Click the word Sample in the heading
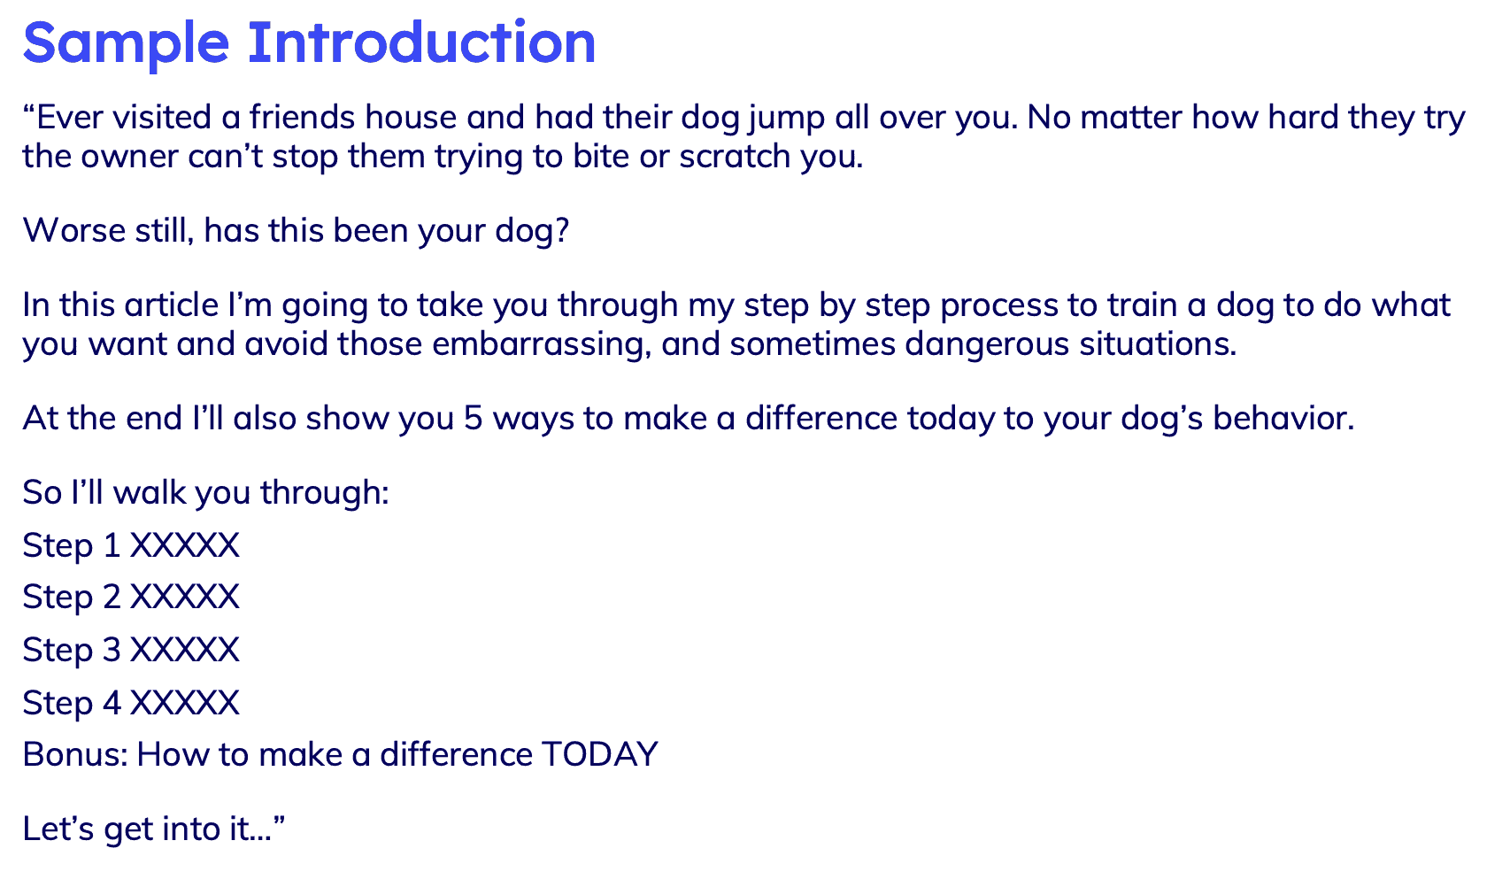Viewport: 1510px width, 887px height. tap(126, 42)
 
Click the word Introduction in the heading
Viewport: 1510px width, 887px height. tap(421, 42)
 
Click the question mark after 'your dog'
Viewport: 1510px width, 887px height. tap(561, 231)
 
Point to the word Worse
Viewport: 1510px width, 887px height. tap(73, 231)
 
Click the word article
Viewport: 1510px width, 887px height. tap(171, 305)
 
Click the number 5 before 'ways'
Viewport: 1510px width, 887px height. tap(474, 419)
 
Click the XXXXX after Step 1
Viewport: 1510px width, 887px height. tap(185, 545)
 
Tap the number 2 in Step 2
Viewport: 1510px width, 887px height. tap(112, 598)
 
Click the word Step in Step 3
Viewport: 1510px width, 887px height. tap(58, 651)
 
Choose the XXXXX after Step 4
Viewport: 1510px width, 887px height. tap(185, 704)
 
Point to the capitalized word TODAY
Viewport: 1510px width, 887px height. tap(599, 755)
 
